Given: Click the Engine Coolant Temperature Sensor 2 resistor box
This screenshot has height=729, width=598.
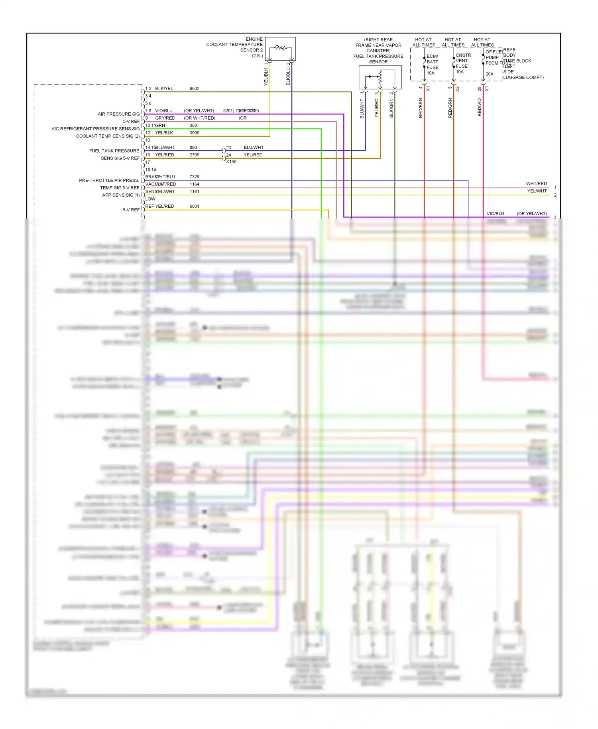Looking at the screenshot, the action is click(280, 48).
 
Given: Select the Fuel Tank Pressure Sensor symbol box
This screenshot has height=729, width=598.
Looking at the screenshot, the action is click(380, 77).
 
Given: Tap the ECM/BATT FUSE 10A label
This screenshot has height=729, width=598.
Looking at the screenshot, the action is click(432, 65).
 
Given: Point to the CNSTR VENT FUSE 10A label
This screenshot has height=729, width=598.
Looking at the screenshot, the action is click(463, 63).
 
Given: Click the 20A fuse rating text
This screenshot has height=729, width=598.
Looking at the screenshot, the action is click(489, 74).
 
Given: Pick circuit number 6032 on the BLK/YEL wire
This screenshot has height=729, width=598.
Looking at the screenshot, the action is click(194, 89).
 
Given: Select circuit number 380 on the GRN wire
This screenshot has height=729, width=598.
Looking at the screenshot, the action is click(193, 125).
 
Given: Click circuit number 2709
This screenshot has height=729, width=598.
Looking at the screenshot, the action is click(194, 155).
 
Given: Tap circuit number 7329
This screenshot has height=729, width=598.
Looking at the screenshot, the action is click(194, 177).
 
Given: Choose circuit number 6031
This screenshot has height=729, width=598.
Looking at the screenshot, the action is click(194, 206).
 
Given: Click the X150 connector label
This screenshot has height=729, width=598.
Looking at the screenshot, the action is click(231, 162).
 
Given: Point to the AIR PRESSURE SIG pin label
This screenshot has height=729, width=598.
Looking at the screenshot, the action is click(118, 114).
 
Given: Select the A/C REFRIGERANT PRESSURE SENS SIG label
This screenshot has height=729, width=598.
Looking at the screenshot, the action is click(95, 129).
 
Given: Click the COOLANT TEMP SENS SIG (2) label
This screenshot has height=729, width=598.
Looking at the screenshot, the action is click(108, 136).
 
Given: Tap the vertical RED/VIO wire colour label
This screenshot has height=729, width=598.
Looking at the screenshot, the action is click(479, 107).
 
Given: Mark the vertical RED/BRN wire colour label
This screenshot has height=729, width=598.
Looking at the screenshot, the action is click(421, 108).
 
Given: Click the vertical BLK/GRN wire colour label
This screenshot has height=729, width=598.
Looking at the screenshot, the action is click(391, 108).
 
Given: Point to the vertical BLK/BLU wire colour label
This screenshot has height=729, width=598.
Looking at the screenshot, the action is click(288, 76).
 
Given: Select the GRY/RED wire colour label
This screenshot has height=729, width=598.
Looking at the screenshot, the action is click(165, 118).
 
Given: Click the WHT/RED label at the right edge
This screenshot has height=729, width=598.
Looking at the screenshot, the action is click(536, 183).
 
